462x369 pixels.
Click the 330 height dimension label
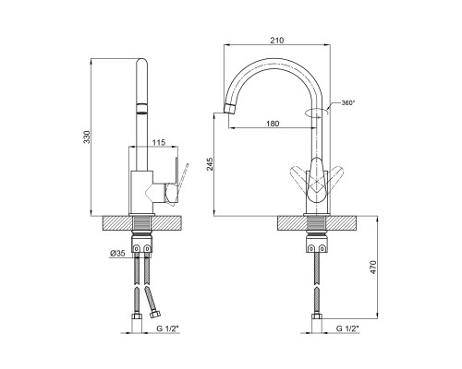87,137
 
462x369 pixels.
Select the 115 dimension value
159,142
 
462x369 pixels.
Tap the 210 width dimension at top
277,40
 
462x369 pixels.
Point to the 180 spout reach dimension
273,124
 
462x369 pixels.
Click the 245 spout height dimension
210,164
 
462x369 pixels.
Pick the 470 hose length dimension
373,268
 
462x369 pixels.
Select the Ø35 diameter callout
117,254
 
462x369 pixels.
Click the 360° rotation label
348,103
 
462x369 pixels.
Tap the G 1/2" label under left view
167,328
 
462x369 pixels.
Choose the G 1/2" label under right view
347,328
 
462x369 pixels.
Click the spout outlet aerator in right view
229,108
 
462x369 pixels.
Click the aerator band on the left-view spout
142,109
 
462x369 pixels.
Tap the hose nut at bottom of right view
317,316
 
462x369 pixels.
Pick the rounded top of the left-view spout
142,63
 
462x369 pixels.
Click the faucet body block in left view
141,192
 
